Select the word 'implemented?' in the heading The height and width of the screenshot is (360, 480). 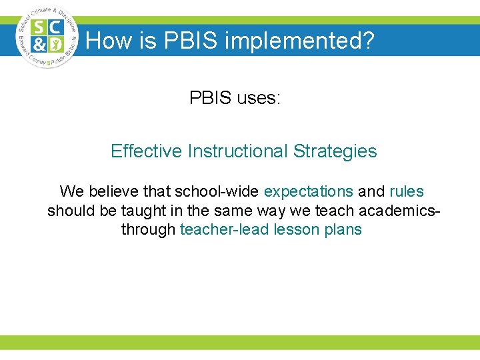click(x=300, y=41)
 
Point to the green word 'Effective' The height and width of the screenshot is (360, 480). click(x=146, y=151)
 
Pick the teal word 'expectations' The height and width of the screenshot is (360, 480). click(x=309, y=192)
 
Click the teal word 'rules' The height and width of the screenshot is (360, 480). click(x=407, y=192)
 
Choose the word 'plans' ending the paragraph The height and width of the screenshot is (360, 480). click(x=341, y=230)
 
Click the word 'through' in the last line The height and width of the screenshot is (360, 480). click(x=148, y=230)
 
